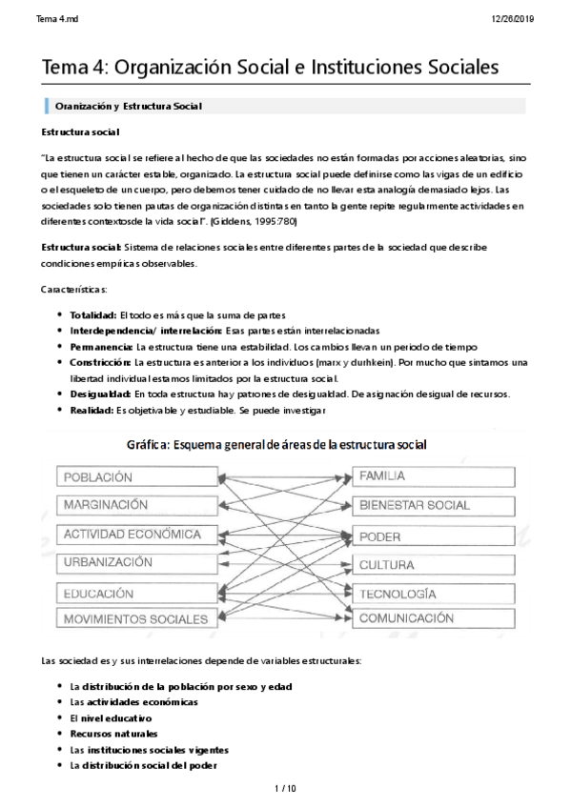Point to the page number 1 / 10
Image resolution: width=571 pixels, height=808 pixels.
(285, 789)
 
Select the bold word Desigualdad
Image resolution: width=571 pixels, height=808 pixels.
(98, 393)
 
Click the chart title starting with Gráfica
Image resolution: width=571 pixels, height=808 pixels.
(276, 446)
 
